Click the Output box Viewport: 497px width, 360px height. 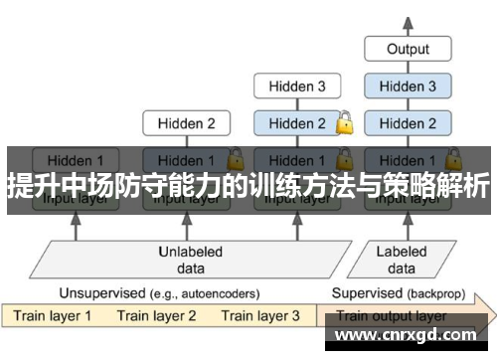[408, 48]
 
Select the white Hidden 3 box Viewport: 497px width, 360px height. [296, 87]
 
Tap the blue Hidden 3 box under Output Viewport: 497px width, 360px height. [408, 87]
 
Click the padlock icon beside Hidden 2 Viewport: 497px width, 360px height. [344, 123]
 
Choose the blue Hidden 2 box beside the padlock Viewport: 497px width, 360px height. [296, 124]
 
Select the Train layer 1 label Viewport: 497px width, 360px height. [52, 316]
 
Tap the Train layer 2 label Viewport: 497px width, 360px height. [157, 316]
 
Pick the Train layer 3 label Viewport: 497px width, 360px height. [260, 316]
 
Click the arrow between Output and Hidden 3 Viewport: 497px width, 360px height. [408, 67]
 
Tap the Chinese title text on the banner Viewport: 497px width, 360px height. [248, 185]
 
